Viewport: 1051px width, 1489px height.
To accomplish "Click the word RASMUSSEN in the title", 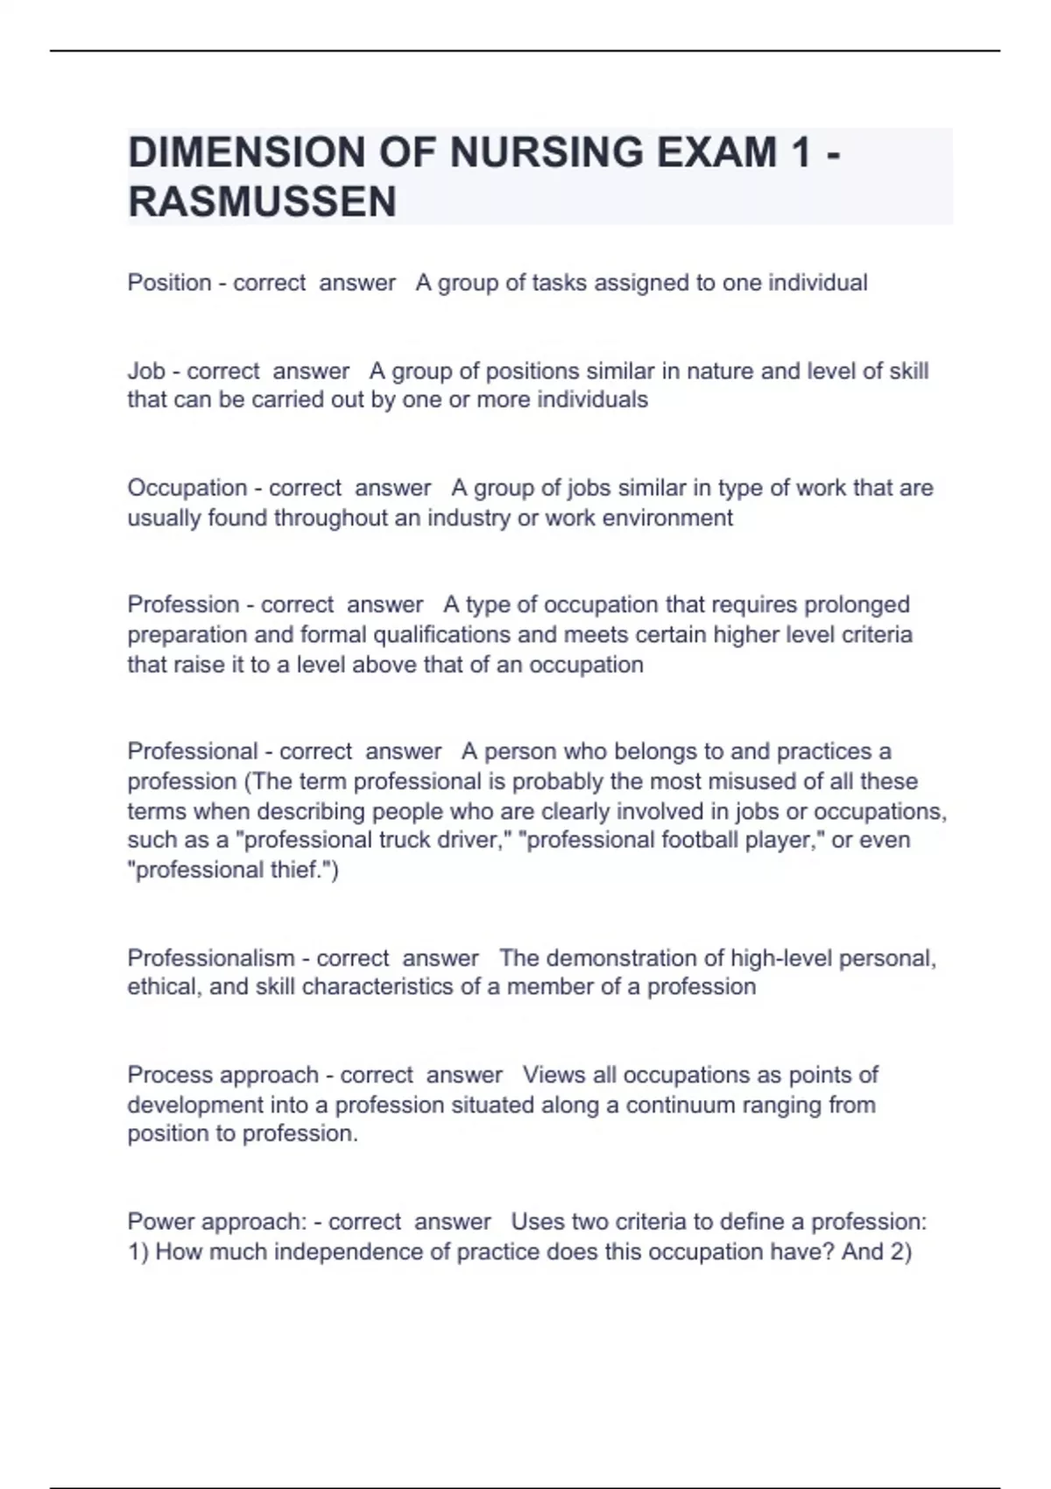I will click(262, 201).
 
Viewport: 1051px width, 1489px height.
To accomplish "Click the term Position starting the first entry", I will click(169, 283).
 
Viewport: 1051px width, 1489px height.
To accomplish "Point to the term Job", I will click(146, 370).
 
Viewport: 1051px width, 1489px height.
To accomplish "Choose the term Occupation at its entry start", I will click(187, 488).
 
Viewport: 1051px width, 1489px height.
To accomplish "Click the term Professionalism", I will click(211, 957).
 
